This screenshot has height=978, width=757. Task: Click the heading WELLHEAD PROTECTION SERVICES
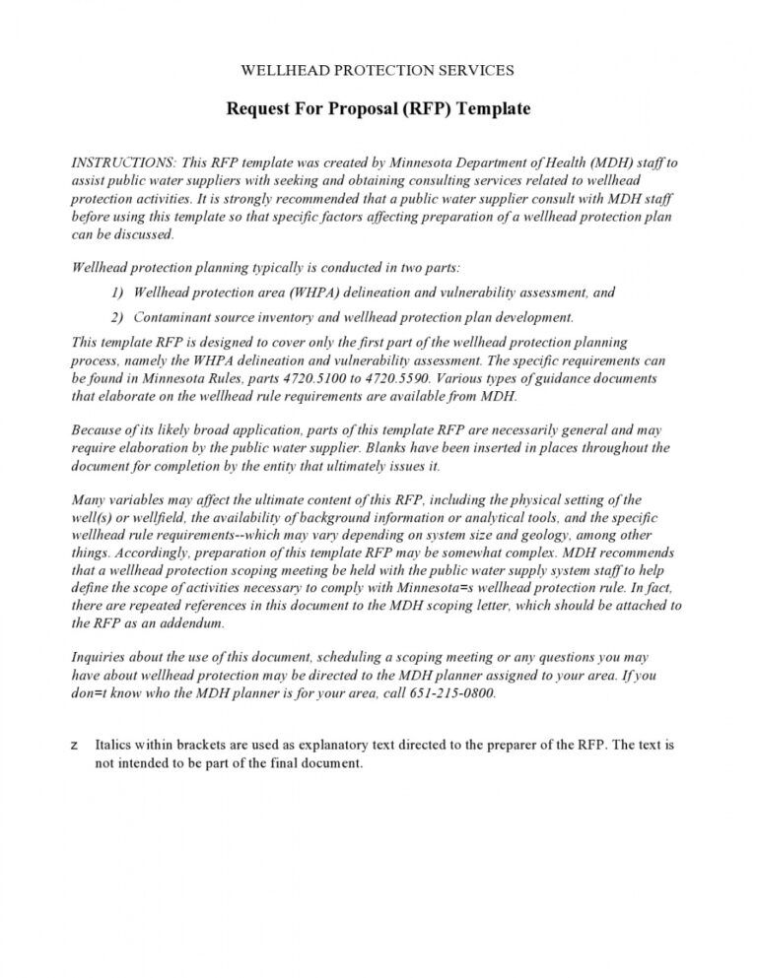(x=378, y=70)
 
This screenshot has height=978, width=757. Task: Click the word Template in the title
(x=495, y=108)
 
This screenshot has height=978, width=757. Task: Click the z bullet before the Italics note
(x=76, y=746)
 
